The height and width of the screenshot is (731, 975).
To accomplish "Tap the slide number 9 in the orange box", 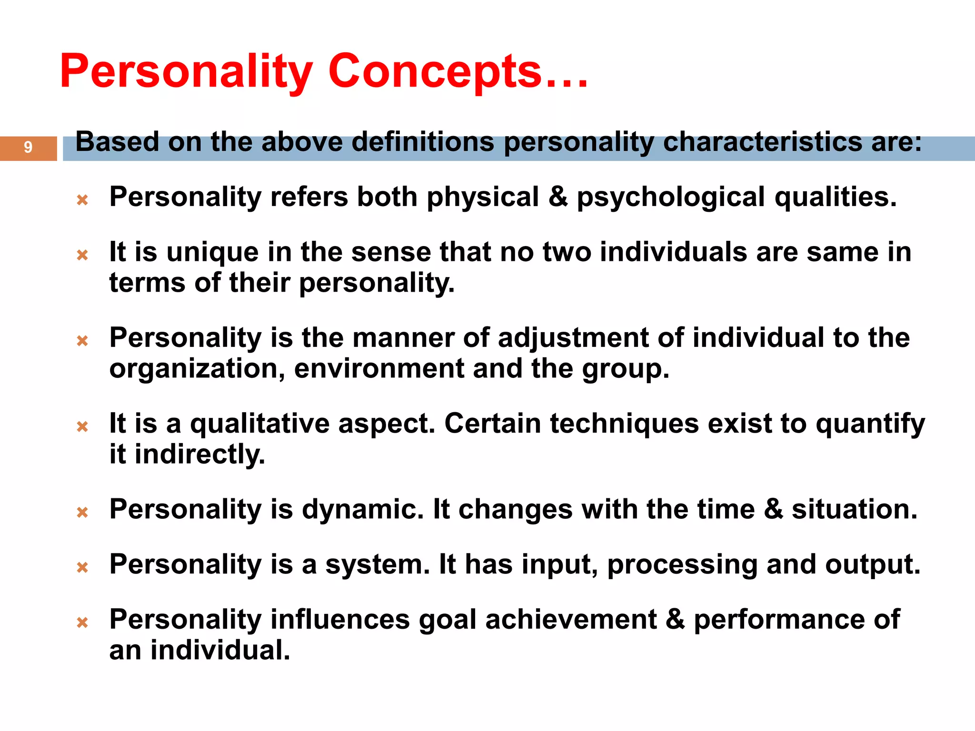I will point(28,147).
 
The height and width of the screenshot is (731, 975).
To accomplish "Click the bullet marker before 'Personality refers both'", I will point(82,200).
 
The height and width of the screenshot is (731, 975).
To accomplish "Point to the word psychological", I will point(670,198).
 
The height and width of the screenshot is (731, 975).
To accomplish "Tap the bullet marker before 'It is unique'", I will point(82,255).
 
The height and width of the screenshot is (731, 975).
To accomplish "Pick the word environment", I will point(379,369).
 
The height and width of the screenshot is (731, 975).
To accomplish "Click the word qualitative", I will point(259,424).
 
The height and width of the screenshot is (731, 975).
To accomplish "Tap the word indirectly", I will point(199,454).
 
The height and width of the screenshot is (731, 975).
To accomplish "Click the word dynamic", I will point(363,510).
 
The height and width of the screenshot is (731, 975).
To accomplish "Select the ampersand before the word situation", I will point(773,509).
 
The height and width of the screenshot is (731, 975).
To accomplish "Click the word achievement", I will point(571,620).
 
